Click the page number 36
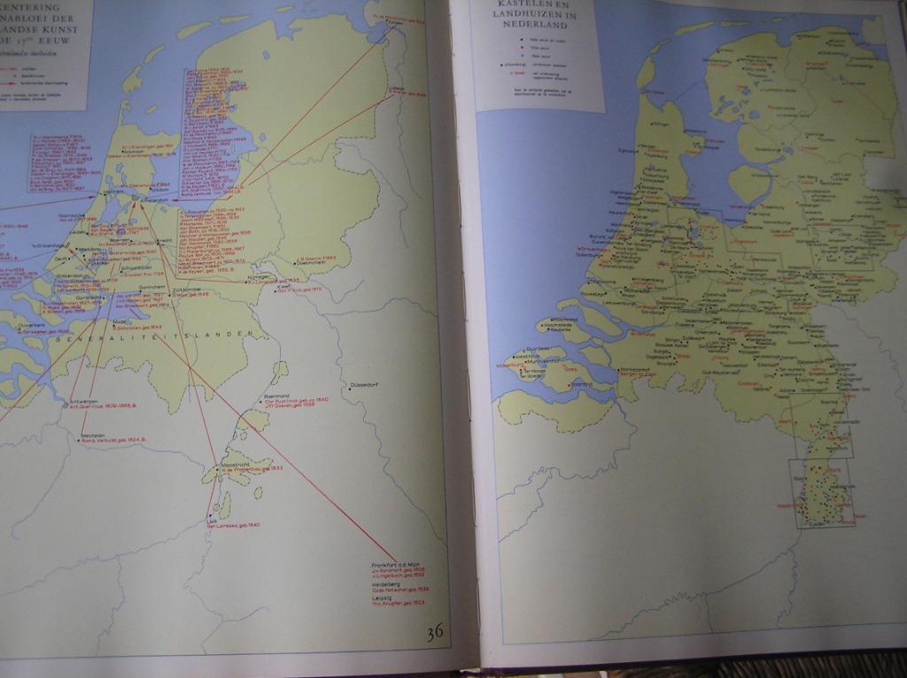pos(435,632)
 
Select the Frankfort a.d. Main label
pos(394,564)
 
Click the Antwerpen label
pos(84,401)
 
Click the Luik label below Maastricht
pos(211,520)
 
